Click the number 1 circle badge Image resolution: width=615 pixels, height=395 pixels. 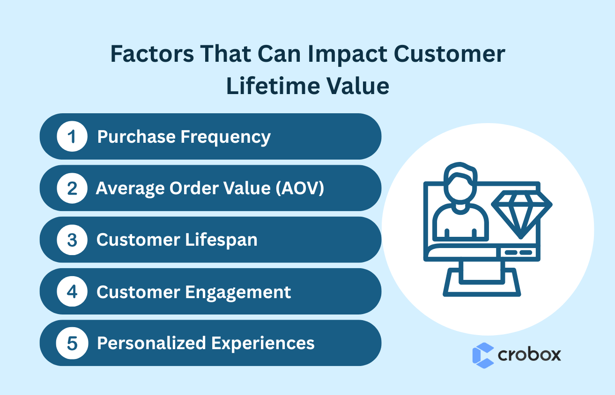point(72,137)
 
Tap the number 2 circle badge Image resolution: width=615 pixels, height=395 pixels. point(72,188)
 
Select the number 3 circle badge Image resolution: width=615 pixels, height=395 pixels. point(72,240)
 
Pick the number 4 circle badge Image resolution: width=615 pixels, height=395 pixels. point(72,292)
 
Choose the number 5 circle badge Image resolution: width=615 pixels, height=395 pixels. point(72,343)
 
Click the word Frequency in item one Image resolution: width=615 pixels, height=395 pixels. point(225,137)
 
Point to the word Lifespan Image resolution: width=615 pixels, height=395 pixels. point(221,240)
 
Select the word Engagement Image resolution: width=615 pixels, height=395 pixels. point(238,292)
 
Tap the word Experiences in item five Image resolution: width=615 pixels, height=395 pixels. point(263,343)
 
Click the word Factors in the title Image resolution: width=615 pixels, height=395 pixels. point(151,54)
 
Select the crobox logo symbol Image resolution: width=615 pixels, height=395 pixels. point(483,355)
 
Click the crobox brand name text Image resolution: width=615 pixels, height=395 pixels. point(529,354)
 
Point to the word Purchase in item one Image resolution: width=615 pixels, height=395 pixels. point(136,137)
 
